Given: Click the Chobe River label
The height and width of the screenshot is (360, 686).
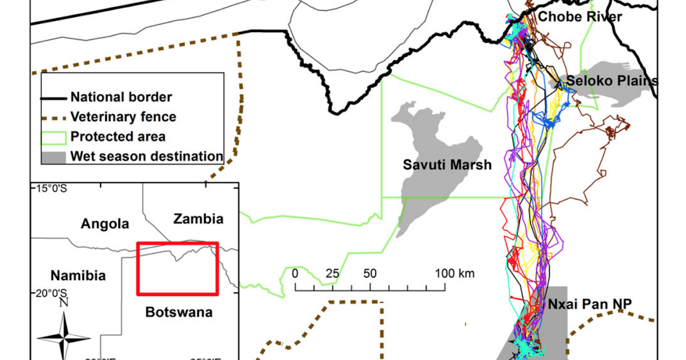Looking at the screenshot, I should pyautogui.click(x=580, y=17).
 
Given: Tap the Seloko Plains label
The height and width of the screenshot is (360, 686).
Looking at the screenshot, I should pyautogui.click(x=612, y=81).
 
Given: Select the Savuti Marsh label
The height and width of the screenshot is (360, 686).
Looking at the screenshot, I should pyautogui.click(x=447, y=165).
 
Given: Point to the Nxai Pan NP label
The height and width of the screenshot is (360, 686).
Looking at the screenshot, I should pyautogui.click(x=590, y=304).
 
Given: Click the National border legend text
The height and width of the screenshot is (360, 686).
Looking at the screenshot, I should pyautogui.click(x=121, y=97).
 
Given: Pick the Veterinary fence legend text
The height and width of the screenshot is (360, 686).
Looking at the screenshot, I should pyautogui.click(x=123, y=117).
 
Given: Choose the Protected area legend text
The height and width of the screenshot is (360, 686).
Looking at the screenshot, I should pyautogui.click(x=118, y=137).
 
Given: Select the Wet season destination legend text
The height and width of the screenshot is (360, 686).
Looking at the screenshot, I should pyautogui.click(x=146, y=156).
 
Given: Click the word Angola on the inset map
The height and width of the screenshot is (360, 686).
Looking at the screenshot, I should pyautogui.click(x=105, y=223).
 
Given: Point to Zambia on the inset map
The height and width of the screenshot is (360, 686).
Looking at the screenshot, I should pyautogui.click(x=198, y=219).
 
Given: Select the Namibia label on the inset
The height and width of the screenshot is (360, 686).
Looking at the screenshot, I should pyautogui.click(x=78, y=275).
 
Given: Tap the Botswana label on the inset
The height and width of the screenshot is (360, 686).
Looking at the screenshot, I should pyautogui.click(x=178, y=312).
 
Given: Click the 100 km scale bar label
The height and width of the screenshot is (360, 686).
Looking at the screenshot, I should pyautogui.click(x=455, y=273).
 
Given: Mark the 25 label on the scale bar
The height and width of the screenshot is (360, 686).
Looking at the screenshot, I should pyautogui.click(x=332, y=273).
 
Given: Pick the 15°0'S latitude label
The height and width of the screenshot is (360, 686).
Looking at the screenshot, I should pyautogui.click(x=49, y=189).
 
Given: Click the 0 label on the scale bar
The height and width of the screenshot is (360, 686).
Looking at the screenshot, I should pyautogui.click(x=295, y=273).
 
